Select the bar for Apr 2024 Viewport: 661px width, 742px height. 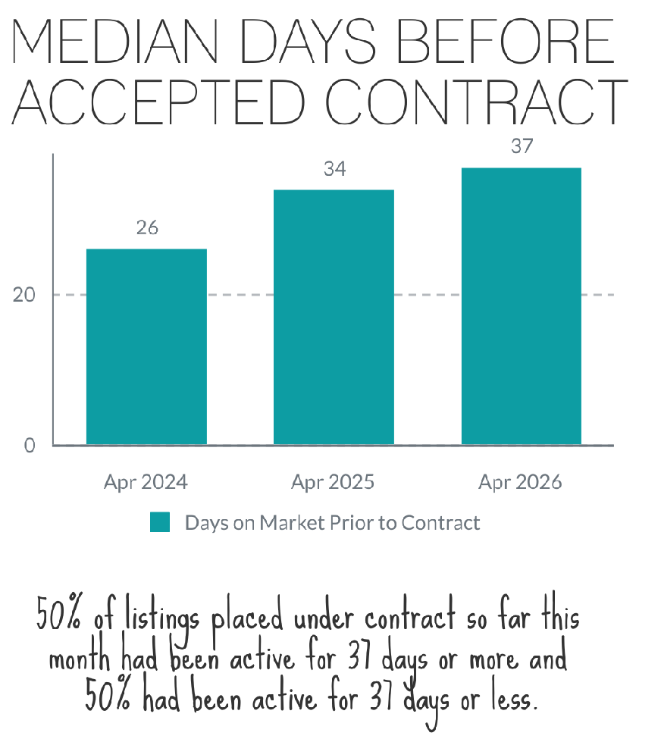(x=146, y=346)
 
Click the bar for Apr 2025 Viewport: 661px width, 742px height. (x=334, y=317)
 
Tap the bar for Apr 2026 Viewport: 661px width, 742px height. (x=522, y=305)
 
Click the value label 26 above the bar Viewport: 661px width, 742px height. (x=147, y=227)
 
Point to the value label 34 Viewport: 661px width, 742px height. (x=334, y=169)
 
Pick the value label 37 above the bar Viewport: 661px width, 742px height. (x=522, y=146)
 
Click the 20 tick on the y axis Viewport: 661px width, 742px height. (x=24, y=295)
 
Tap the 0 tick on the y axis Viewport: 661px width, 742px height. (x=30, y=446)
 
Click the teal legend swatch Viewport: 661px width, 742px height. (x=160, y=523)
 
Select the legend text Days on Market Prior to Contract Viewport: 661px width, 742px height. (x=333, y=523)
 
